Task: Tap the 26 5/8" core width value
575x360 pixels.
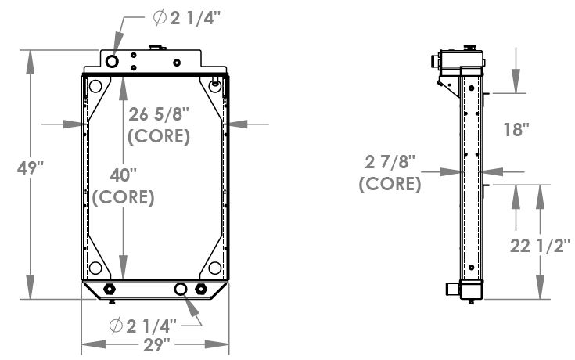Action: [159, 114]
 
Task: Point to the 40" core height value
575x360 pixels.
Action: [123, 174]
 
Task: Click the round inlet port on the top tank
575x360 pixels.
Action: [112, 61]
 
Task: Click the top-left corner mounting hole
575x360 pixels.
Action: [95, 86]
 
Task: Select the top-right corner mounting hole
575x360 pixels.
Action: [216, 86]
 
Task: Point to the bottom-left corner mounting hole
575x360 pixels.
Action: [95, 266]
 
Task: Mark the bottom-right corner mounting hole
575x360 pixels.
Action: [216, 266]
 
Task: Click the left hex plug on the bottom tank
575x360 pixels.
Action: [110, 290]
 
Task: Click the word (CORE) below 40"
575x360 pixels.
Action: [123, 196]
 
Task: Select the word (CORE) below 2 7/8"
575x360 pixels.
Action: [390, 185]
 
